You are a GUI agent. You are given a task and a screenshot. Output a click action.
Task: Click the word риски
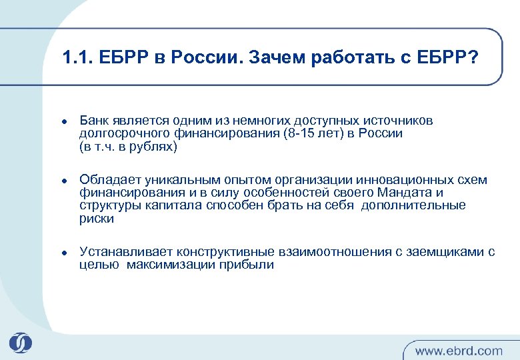click(97, 218)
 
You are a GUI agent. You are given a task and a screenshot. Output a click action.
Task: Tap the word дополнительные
click(413, 205)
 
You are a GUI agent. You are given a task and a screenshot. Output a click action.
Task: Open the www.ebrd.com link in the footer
click(459, 350)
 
